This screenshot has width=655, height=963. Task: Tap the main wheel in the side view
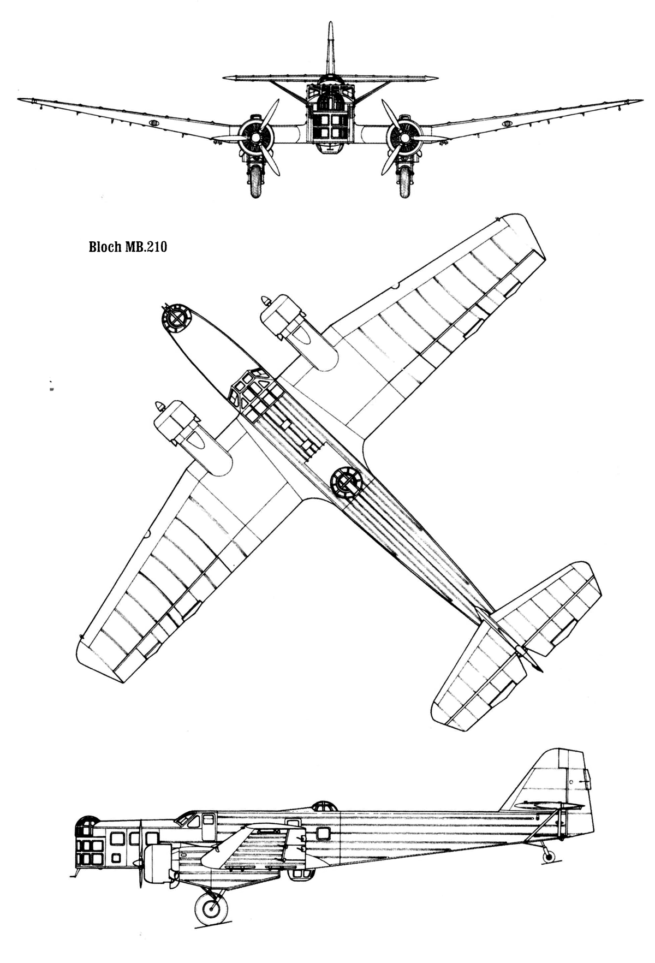(x=211, y=908)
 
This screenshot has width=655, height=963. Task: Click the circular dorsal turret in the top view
(x=346, y=481)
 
